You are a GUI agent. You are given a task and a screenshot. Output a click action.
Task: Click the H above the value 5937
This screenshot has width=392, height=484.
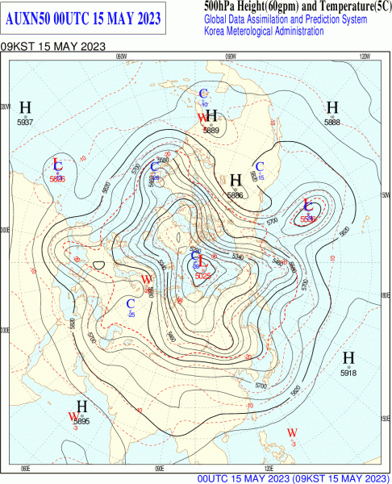26,108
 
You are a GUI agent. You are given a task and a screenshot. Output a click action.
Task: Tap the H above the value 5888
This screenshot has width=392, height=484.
332,108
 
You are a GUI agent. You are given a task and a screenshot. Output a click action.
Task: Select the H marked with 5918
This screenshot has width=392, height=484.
348,358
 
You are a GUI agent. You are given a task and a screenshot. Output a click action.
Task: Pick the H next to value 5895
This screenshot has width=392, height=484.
81,407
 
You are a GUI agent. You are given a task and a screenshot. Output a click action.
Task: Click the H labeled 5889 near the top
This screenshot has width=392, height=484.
212,116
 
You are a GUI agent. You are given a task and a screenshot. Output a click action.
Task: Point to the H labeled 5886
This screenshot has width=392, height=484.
236,180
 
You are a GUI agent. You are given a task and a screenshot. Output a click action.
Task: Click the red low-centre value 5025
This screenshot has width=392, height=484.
202,276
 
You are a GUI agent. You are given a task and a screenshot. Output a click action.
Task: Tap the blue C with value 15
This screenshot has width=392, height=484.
259,167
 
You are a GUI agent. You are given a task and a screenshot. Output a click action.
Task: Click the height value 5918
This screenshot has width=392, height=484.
348,373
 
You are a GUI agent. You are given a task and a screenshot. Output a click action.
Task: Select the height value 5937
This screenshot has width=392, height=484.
25,122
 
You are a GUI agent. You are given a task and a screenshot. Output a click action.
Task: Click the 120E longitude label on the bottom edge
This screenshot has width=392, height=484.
268,468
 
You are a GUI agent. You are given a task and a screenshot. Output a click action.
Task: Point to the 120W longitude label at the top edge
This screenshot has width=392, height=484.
364,56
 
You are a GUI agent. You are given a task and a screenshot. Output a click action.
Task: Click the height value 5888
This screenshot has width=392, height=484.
332,122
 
